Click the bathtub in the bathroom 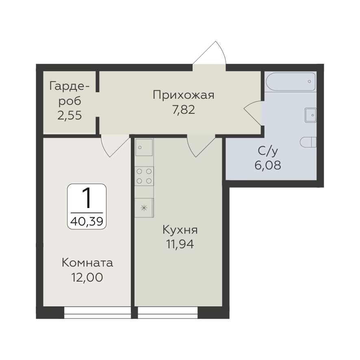pyautogui.click(x=291, y=82)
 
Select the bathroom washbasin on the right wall pyautogui.click(x=311, y=115)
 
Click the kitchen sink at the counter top pyautogui.click(x=144, y=147)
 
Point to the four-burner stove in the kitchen pyautogui.click(x=144, y=176)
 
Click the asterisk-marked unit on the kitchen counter pyautogui.click(x=144, y=208)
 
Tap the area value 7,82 pyautogui.click(x=184, y=110)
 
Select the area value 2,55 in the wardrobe pyautogui.click(x=69, y=115)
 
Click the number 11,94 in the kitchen pyautogui.click(x=180, y=244)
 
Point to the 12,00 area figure pyautogui.click(x=87, y=278)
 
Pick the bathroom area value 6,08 pyautogui.click(x=268, y=165)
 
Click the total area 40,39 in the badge pyautogui.click(x=87, y=221)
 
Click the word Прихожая pyautogui.click(x=184, y=95)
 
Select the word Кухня pyautogui.click(x=180, y=230)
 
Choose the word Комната pyautogui.click(x=87, y=263)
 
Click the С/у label pyautogui.click(x=268, y=151)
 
